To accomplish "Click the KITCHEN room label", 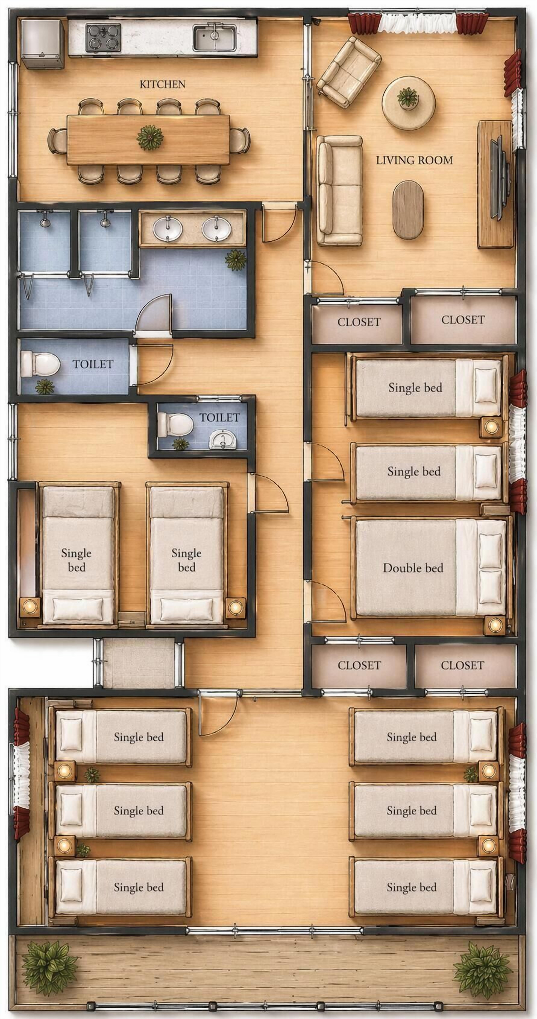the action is click(x=162, y=84).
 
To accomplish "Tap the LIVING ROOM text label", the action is click(x=414, y=160).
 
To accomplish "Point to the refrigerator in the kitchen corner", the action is click(x=42, y=44).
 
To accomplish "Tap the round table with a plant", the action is click(x=408, y=103).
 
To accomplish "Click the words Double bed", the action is click(x=413, y=568).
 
